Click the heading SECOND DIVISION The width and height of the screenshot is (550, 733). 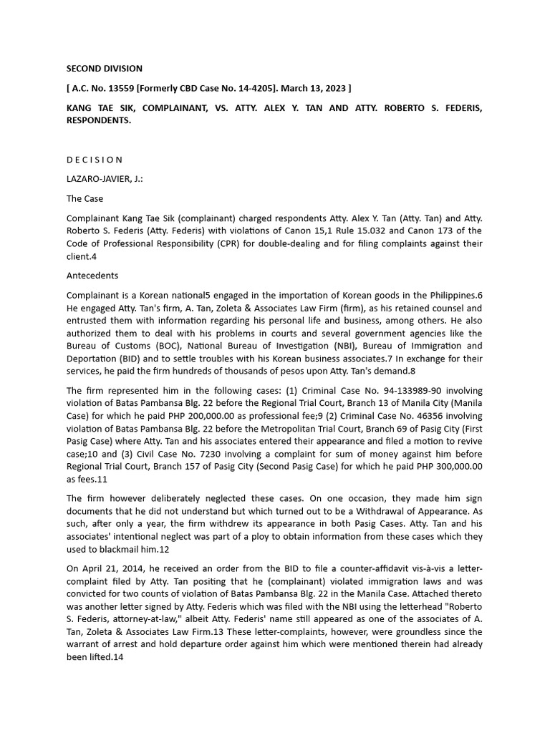(105, 69)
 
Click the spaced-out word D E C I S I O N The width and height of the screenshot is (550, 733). (95, 160)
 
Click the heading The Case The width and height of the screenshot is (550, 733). (85, 198)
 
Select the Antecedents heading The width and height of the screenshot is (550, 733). (92, 276)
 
